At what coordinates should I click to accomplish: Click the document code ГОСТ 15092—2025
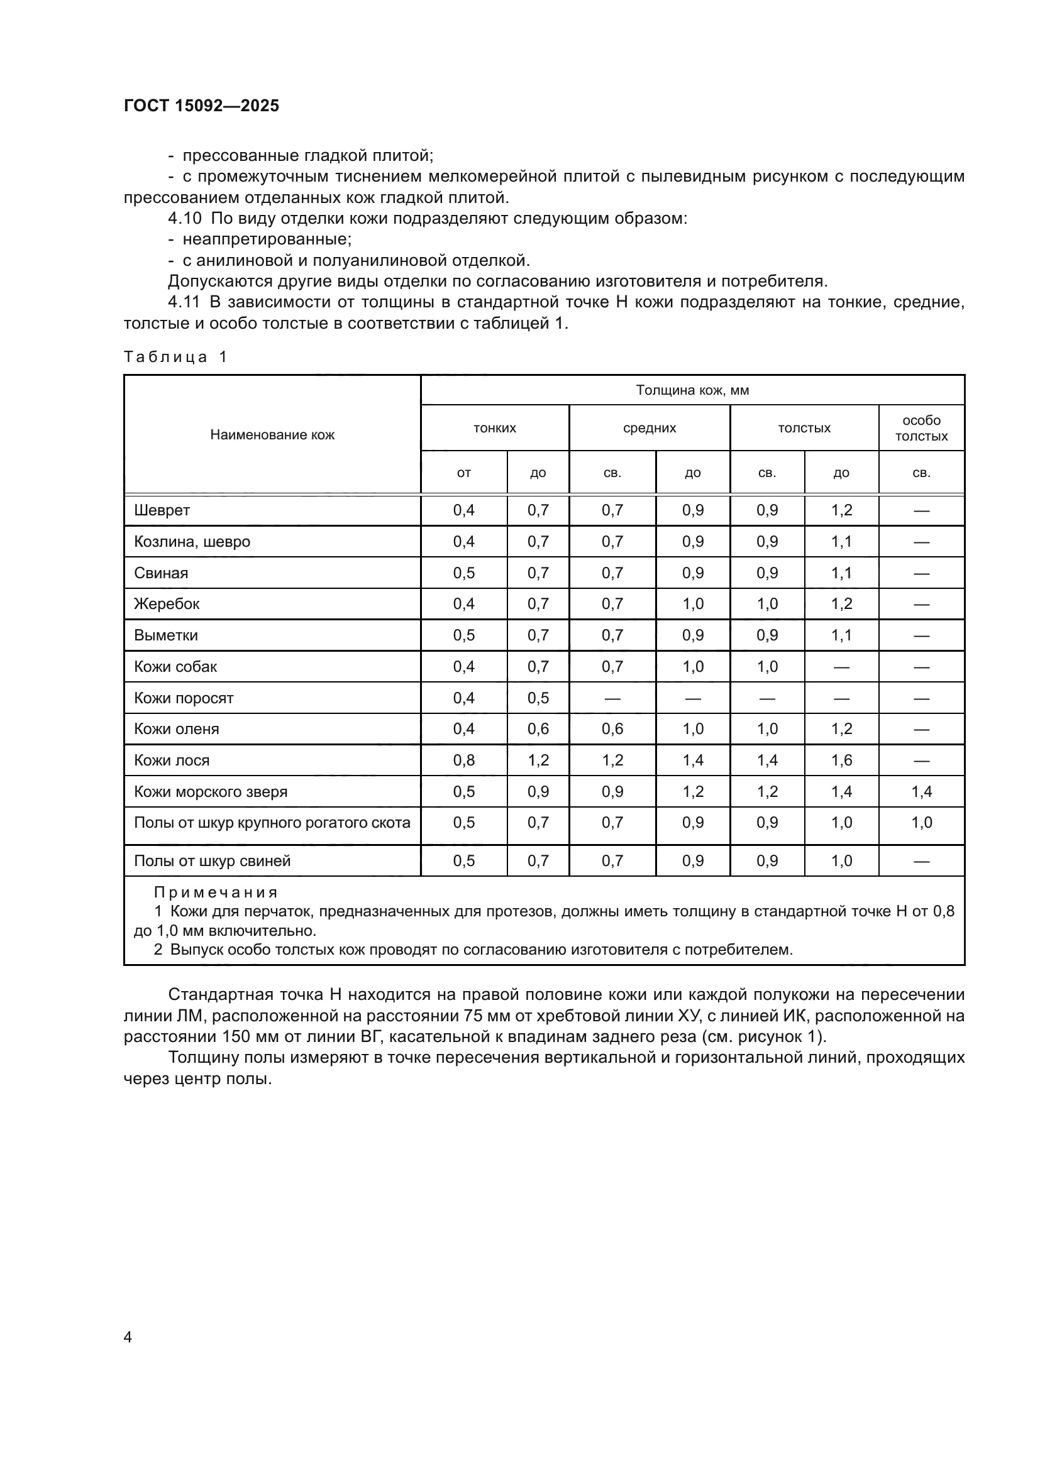[201, 106]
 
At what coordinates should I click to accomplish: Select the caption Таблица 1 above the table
[175, 356]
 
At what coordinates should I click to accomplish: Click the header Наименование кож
[272, 435]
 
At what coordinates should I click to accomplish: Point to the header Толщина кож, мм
[692, 390]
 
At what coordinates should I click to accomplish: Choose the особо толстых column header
[921, 429]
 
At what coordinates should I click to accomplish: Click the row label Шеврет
[162, 510]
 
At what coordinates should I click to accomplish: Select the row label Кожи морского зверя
[211, 791]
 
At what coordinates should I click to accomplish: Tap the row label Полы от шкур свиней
[212, 860]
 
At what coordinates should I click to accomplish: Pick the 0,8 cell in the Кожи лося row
[463, 760]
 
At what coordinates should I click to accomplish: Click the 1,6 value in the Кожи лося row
[841, 760]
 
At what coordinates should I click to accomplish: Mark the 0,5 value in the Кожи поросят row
[538, 698]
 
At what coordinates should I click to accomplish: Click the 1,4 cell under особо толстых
[921, 791]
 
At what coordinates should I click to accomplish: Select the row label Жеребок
[167, 604]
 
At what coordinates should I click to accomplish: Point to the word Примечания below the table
[215, 892]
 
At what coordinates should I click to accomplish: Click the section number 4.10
[184, 218]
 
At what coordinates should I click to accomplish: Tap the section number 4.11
[184, 302]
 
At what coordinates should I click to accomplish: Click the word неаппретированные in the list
[267, 239]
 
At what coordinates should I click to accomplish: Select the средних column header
[650, 429]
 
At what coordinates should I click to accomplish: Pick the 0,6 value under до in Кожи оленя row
[538, 728]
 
